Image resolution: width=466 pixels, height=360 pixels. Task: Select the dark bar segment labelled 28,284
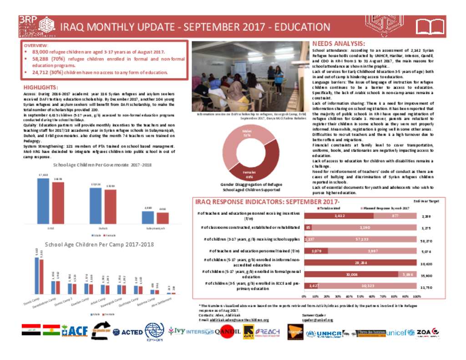(360, 263)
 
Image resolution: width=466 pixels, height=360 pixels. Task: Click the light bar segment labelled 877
(395, 216)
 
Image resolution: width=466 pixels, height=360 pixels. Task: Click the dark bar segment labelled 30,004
(351, 275)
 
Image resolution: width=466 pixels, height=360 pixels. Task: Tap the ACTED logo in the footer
(127, 332)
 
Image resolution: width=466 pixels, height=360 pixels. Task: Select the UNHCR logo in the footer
(323, 334)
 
